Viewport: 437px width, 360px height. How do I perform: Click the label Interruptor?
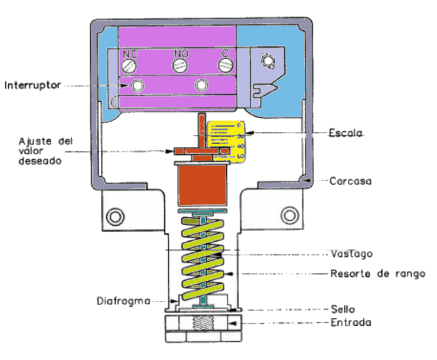tap(32, 86)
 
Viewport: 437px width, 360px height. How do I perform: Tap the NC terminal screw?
tap(131, 64)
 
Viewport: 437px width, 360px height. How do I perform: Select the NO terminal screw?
tap(180, 64)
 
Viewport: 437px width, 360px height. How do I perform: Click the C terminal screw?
tap(224, 64)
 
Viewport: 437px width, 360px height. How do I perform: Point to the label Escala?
tap(345, 134)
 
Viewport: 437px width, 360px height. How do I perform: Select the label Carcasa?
tap(350, 181)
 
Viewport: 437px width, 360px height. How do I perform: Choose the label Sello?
tap(343, 309)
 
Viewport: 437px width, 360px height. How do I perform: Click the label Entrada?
tap(351, 323)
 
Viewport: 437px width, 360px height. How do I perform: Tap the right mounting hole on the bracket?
tap(290, 213)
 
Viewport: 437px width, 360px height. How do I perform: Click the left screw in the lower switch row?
tap(139, 86)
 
